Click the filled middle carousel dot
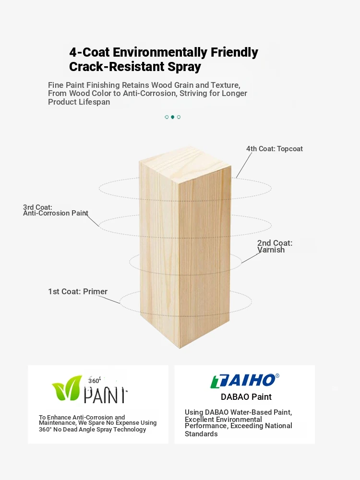point(173,117)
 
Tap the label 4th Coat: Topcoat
point(274,149)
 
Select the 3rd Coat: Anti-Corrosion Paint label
point(55,210)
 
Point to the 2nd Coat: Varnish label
point(275,246)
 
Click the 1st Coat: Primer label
point(78,291)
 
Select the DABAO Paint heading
point(246,397)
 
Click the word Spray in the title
point(184,67)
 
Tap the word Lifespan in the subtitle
point(94,102)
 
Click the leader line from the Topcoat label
point(244,165)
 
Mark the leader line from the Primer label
point(109,300)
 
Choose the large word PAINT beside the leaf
point(105,395)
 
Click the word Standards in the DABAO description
point(201,434)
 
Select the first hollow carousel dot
point(167,117)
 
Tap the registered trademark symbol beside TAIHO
point(277,376)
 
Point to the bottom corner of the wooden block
point(180,348)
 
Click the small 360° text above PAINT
point(94,381)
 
